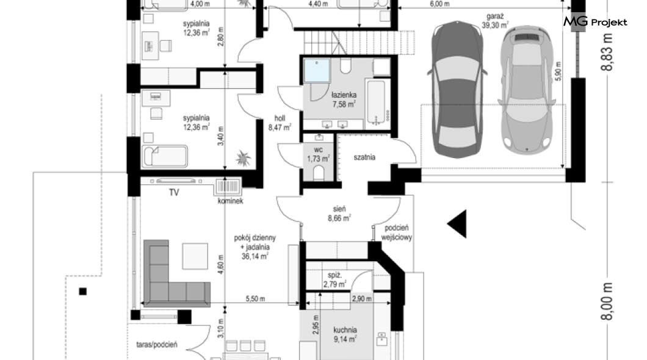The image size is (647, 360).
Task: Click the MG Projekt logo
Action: tap(595, 22)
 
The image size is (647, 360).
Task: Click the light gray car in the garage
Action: tap(527, 90)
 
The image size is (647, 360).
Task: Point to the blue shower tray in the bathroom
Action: tap(317, 71)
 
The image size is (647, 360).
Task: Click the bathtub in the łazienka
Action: tap(376, 103)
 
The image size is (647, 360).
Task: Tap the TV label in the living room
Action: tap(174, 193)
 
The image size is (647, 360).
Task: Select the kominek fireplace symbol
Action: tap(228, 187)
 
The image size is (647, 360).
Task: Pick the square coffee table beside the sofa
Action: tap(195, 256)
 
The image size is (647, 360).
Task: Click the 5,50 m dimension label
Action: tap(255, 298)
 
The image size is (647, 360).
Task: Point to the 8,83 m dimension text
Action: tap(606, 52)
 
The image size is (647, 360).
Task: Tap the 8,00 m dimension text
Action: tap(606, 301)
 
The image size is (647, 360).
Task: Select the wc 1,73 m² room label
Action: tap(318, 154)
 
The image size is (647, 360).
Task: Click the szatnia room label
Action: tap(364, 157)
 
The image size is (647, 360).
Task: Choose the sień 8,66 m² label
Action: tap(339, 214)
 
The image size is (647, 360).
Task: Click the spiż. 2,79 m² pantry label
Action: tap(334, 280)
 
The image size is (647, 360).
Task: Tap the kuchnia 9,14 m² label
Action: tap(345, 334)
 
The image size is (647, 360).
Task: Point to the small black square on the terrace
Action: tap(83, 292)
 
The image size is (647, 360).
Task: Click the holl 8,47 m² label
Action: tap(280, 123)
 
